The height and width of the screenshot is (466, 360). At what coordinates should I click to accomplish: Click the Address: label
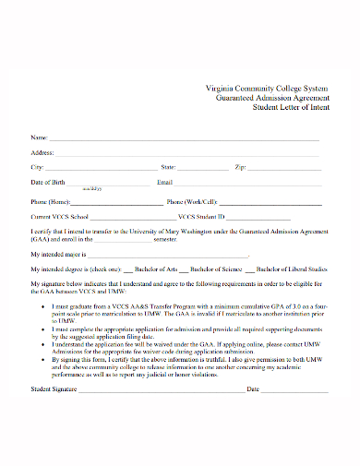click(x=42, y=152)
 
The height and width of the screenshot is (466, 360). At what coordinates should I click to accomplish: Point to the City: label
click(x=38, y=167)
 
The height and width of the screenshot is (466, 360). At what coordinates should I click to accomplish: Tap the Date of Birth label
click(x=50, y=182)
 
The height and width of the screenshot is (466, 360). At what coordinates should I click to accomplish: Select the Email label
click(x=166, y=182)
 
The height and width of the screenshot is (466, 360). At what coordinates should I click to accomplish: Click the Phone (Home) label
click(x=50, y=202)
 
